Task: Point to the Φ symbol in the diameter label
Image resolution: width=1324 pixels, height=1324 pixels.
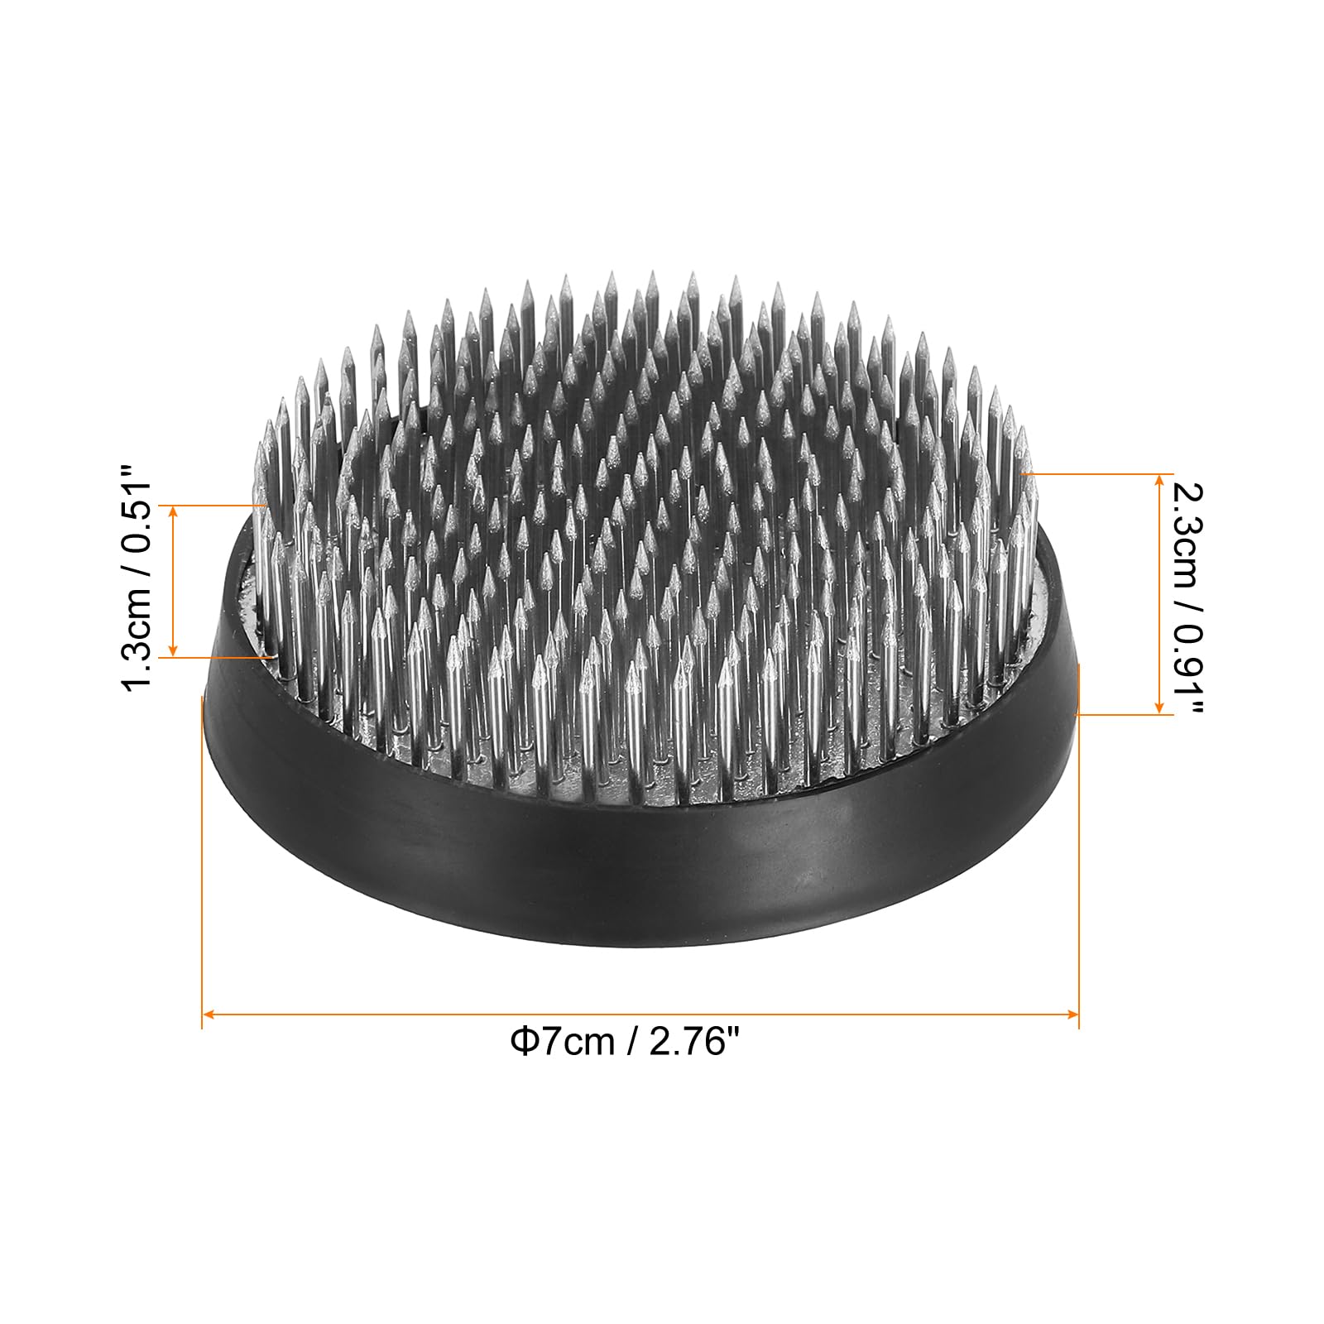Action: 524,1041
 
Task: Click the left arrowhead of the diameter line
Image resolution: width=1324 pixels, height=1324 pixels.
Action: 209,1013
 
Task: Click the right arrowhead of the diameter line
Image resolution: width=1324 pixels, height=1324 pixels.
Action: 1072,1013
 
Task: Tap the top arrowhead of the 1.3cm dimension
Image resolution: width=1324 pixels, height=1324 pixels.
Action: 173,511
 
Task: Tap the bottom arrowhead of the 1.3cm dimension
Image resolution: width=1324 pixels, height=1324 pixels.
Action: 173,650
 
